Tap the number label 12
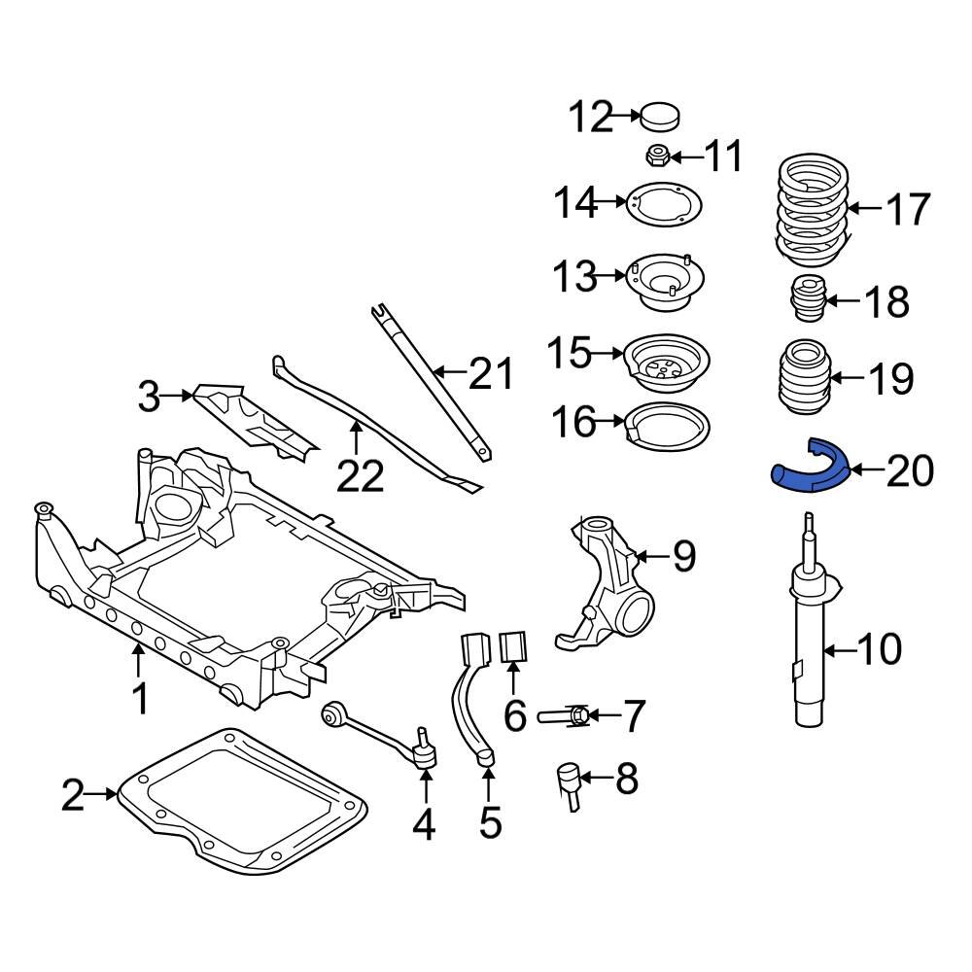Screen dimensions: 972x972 click(592, 118)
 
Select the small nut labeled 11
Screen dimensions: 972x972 click(657, 155)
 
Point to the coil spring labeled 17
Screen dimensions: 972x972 click(813, 210)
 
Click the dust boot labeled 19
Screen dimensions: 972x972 click(803, 380)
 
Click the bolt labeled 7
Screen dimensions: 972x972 click(563, 717)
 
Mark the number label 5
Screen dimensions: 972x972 click(490, 822)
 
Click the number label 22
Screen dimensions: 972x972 click(361, 476)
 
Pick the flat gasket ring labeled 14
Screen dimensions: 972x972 click(667, 205)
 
